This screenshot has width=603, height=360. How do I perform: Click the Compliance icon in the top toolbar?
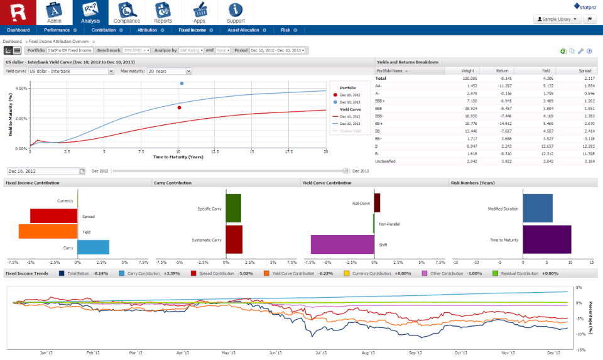(x=127, y=11)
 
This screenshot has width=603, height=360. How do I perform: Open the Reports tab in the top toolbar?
(x=163, y=11)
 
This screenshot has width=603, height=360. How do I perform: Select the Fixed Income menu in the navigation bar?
(x=192, y=30)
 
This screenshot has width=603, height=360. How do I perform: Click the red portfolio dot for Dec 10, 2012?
(x=179, y=107)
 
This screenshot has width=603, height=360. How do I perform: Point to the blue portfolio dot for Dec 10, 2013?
(x=182, y=83)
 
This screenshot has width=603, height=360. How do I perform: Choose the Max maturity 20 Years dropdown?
(x=170, y=72)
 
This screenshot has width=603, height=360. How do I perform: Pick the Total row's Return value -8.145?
(x=501, y=78)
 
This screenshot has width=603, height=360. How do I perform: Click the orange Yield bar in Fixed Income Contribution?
(x=47, y=231)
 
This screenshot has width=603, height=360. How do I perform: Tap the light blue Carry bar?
(x=93, y=247)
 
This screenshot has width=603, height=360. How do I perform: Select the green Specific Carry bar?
(x=233, y=208)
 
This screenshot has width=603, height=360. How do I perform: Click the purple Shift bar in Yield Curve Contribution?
(x=342, y=244)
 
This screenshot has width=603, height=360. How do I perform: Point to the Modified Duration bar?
(x=537, y=208)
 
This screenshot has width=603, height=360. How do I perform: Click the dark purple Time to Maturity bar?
(x=546, y=240)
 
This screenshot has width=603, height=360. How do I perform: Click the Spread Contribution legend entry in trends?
(x=215, y=274)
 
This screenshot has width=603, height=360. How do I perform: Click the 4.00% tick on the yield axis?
(x=21, y=89)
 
